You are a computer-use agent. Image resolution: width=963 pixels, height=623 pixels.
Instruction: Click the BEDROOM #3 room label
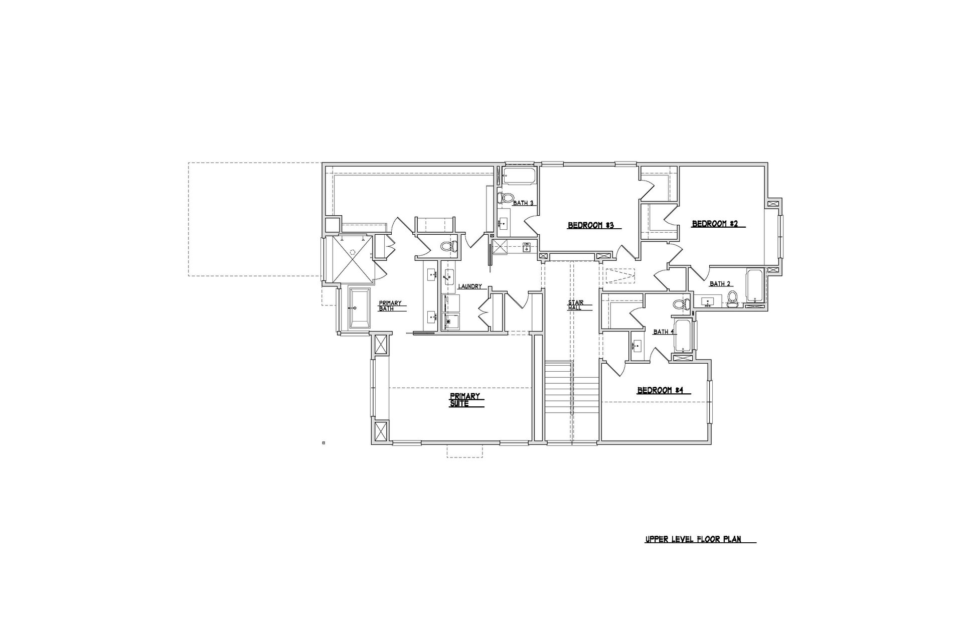pyautogui.click(x=591, y=225)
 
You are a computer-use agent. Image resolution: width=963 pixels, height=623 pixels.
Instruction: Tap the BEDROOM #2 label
pyautogui.click(x=715, y=224)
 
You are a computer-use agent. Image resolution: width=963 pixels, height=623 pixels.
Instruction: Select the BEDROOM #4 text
pyautogui.click(x=661, y=390)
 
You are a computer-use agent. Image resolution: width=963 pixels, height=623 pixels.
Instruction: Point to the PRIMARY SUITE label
pyautogui.click(x=464, y=400)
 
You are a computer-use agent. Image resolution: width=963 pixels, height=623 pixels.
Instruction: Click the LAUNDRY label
pyautogui.click(x=470, y=286)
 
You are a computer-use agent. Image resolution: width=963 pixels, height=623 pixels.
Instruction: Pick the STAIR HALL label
pyautogui.click(x=575, y=305)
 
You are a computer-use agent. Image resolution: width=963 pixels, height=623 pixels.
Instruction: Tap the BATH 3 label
pyautogui.click(x=523, y=203)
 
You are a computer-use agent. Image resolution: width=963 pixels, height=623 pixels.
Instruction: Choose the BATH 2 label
pyautogui.click(x=720, y=284)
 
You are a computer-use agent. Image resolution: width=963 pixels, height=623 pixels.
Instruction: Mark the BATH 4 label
pyautogui.click(x=663, y=332)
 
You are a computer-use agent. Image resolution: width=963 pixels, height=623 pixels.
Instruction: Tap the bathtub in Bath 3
pyautogui.click(x=519, y=176)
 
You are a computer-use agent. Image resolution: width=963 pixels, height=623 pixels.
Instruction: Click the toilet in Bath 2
pyautogui.click(x=732, y=299)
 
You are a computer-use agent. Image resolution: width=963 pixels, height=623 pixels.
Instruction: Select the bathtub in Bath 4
pyautogui.click(x=682, y=336)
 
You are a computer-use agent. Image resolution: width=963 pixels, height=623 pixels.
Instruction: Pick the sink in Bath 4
pyautogui.click(x=637, y=346)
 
